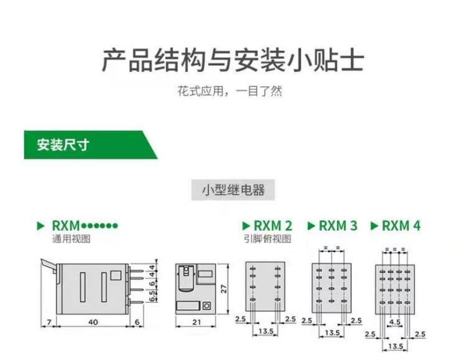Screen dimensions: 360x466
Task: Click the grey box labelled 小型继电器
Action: tap(233, 189)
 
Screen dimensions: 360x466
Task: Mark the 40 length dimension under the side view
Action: tap(93, 323)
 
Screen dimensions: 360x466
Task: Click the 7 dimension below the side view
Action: tap(48, 323)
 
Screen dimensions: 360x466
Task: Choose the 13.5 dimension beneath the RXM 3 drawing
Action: tap(333, 333)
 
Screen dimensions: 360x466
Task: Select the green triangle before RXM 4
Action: tap(374, 225)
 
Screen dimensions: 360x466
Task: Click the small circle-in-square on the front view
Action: tap(206, 305)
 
